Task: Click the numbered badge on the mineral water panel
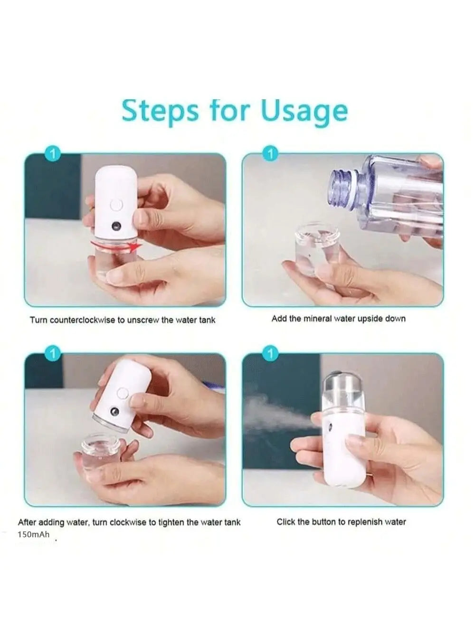coord(270,154)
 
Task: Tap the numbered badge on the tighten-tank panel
coord(53,354)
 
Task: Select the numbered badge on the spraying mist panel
coord(270,354)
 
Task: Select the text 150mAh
coord(33,535)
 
